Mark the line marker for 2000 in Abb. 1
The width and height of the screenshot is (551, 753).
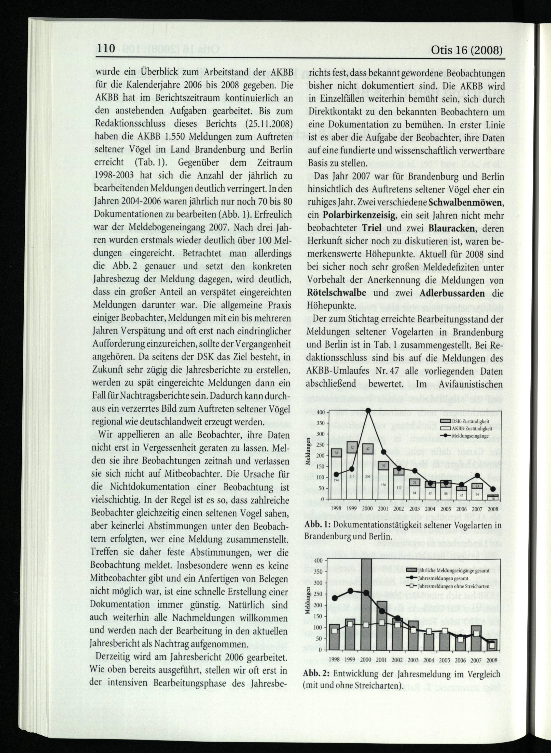click(x=368, y=411)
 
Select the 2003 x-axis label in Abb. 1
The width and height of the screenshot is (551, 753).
click(x=415, y=509)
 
